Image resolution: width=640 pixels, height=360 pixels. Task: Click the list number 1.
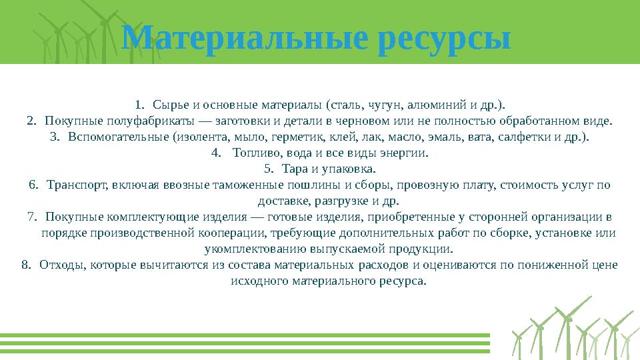coord(138,105)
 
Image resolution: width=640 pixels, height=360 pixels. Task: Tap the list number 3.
coord(55,137)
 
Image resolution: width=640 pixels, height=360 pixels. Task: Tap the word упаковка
coord(353,169)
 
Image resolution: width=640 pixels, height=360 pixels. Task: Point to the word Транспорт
coord(78,185)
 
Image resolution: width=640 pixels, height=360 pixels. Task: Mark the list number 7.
coord(32,217)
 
